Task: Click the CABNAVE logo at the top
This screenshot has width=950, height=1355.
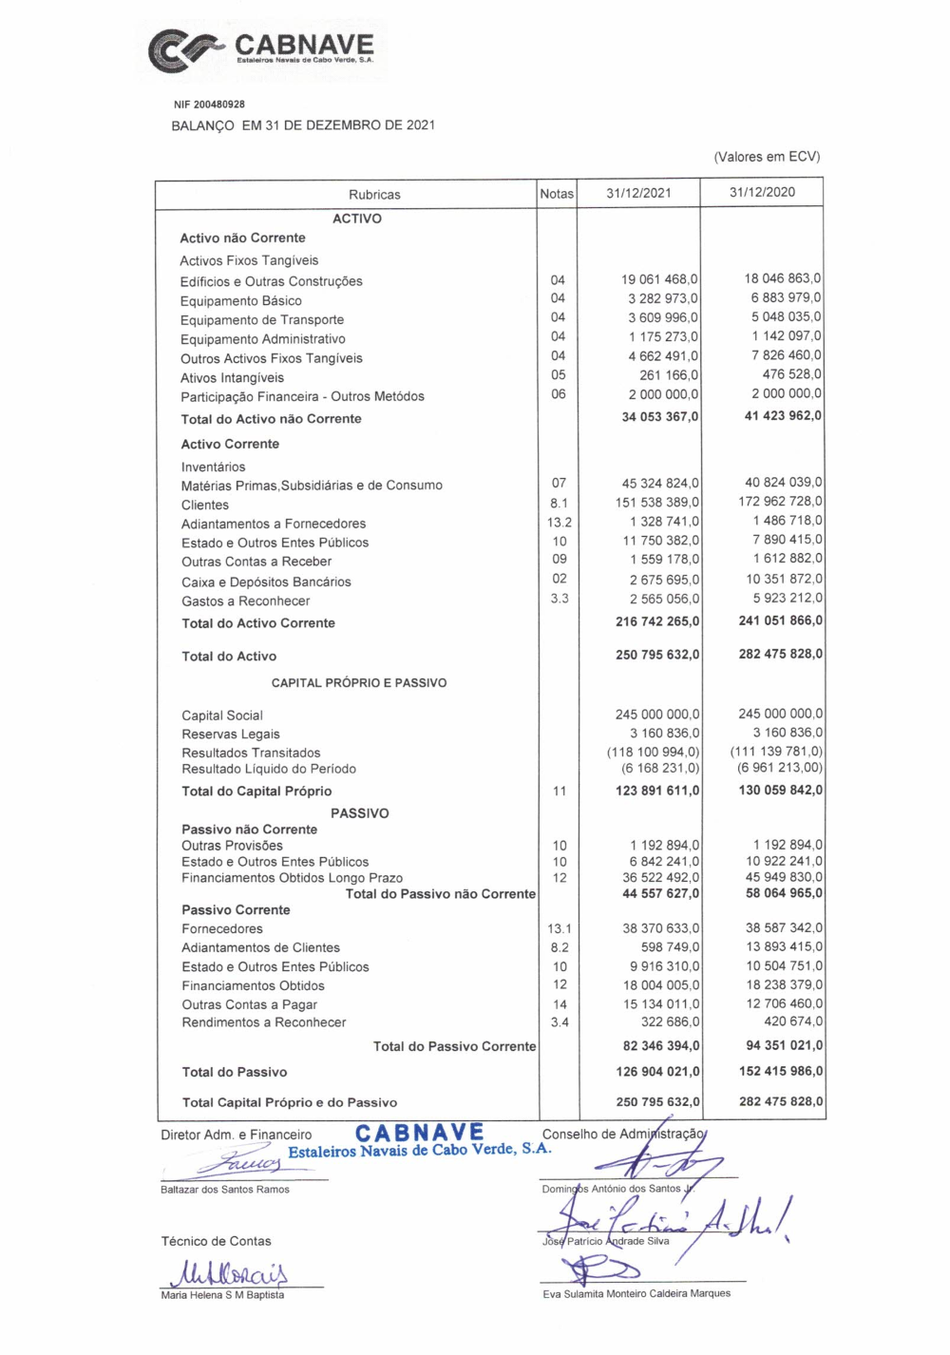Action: tap(262, 49)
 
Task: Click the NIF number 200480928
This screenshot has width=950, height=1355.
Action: tap(209, 105)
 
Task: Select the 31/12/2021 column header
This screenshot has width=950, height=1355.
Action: tap(638, 193)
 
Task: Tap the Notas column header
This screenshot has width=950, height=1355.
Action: tap(557, 194)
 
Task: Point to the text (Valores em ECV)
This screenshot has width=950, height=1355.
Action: tap(767, 157)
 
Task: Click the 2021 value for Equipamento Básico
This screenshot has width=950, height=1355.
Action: tap(662, 298)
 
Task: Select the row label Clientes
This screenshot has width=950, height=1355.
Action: tap(205, 505)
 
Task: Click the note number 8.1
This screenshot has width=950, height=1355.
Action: tap(559, 503)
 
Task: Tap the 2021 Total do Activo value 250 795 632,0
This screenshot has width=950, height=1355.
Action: tap(657, 655)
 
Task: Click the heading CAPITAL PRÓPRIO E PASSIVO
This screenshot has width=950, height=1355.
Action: tap(359, 682)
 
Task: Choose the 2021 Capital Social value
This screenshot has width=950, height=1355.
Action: tap(657, 714)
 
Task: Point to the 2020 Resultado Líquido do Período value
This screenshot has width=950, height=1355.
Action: tap(780, 768)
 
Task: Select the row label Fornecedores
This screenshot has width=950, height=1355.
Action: tap(222, 928)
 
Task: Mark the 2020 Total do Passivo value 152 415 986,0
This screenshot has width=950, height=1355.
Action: tap(781, 1071)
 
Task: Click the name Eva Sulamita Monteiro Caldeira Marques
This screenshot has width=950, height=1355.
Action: tap(636, 1293)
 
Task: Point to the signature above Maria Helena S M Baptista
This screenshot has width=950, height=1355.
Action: tap(229, 1272)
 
